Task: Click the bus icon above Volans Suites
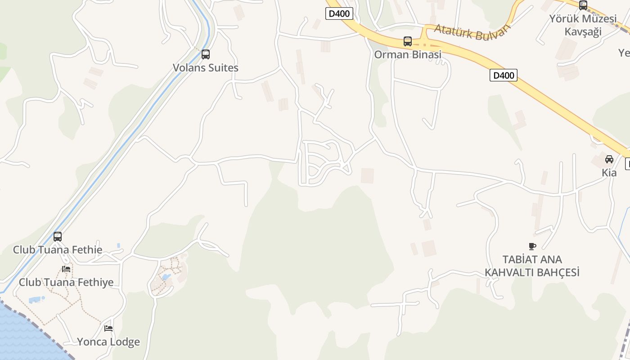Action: (206, 54)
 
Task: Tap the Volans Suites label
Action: (206, 68)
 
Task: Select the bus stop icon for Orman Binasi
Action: (408, 41)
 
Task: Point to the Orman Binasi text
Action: (408, 54)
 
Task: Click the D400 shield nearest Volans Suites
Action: (339, 13)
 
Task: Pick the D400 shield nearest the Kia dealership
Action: (504, 75)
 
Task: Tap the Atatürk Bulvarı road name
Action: (472, 32)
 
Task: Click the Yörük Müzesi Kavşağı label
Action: (583, 25)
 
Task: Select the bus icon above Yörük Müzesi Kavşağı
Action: (583, 5)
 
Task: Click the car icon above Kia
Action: (609, 159)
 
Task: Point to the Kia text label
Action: (609, 172)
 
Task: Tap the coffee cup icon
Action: (532, 246)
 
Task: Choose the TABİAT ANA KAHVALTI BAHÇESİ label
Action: (532, 266)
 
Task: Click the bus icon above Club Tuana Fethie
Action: (58, 236)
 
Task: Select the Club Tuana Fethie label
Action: (58, 250)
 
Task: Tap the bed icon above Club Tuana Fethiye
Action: (66, 269)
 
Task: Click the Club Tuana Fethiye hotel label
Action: (66, 283)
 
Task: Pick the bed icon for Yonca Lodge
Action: (108, 328)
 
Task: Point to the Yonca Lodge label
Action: (108, 342)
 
